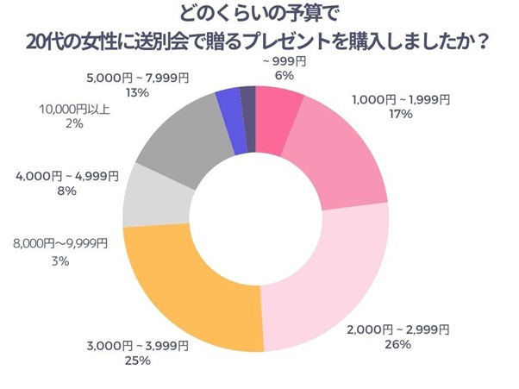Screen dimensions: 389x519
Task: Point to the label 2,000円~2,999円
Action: click(397, 329)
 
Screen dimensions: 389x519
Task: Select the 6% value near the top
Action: click(283, 76)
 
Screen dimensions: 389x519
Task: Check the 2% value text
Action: click(72, 125)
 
